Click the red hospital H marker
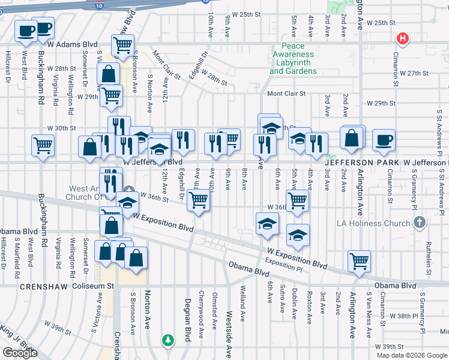point(403,40)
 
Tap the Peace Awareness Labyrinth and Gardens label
point(293,58)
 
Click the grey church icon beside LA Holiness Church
point(420,223)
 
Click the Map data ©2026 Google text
point(412,355)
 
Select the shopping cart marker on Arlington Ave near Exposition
point(359,261)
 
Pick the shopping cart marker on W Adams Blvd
point(122,45)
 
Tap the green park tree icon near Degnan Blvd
point(169,340)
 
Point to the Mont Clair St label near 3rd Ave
point(286,94)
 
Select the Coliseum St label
point(94,287)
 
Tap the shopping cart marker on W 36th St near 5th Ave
point(297,200)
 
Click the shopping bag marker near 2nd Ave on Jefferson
point(352,138)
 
